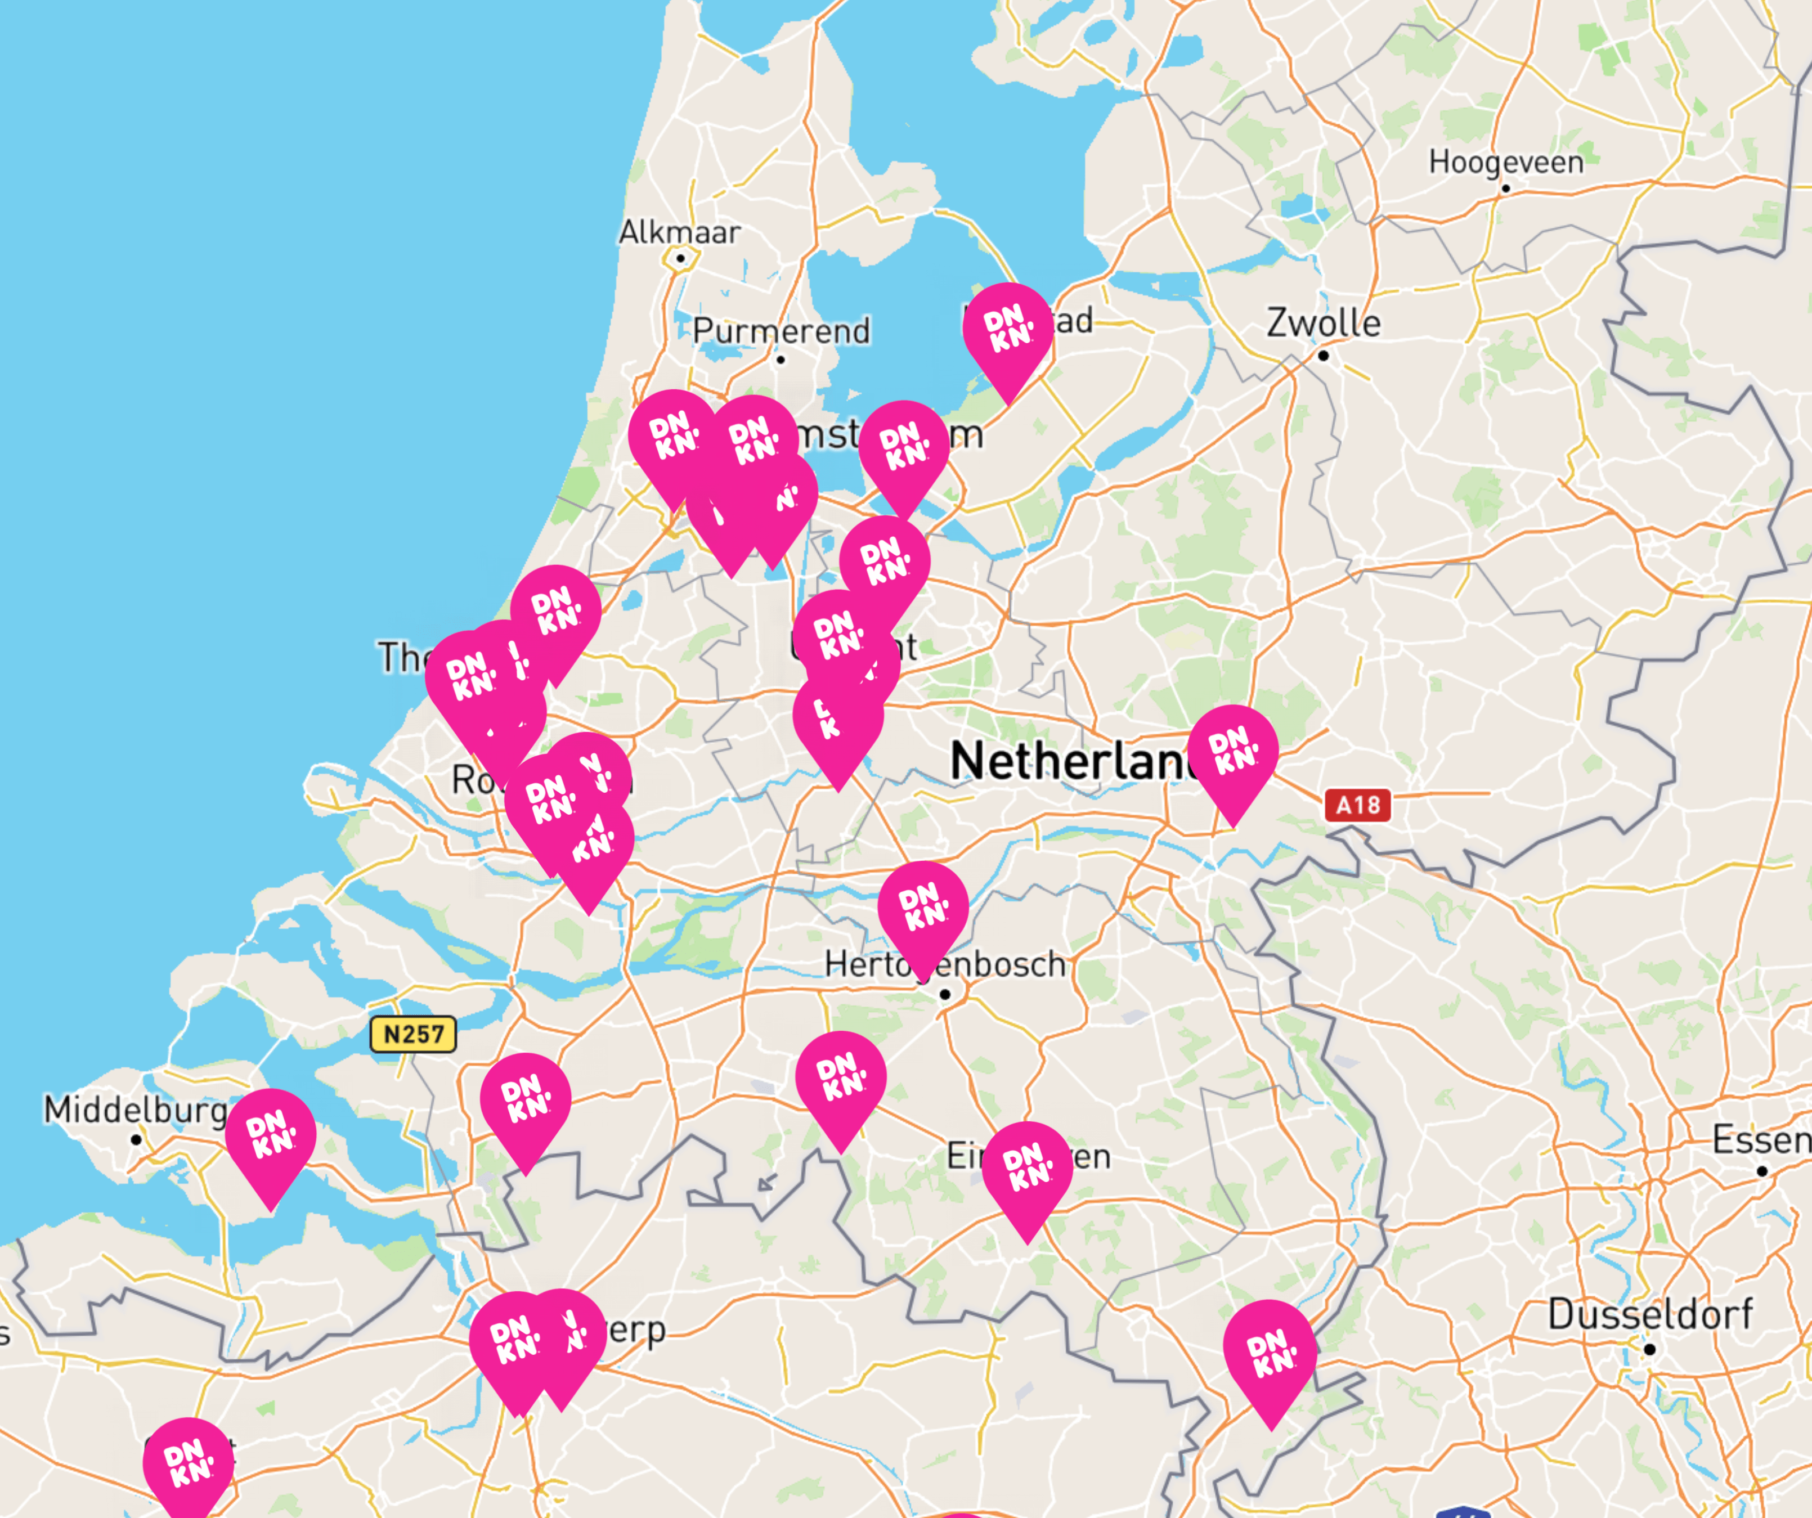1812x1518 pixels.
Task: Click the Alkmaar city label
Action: point(679,232)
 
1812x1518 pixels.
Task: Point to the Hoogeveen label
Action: point(1506,162)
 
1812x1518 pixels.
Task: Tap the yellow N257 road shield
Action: point(413,1033)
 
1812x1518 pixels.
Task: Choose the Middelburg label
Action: point(136,1109)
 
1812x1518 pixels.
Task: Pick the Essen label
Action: point(1760,1140)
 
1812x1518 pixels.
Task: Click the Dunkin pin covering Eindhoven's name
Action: point(1027,1168)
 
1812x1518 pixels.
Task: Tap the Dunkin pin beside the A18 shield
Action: point(1233,751)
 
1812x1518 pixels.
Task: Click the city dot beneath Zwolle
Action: point(1324,356)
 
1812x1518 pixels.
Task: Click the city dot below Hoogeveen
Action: point(1506,188)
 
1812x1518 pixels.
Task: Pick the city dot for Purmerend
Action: point(781,360)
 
